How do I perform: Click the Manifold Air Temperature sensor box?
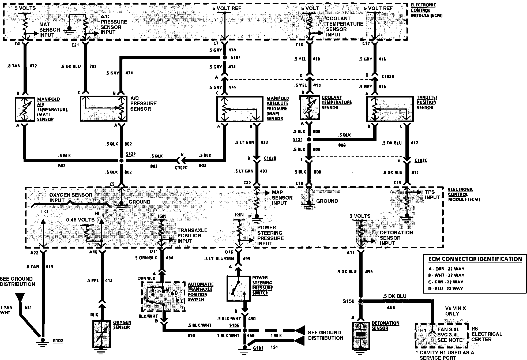click(x=25, y=109)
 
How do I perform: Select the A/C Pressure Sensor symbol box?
click(x=103, y=109)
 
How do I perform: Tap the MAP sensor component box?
click(x=239, y=109)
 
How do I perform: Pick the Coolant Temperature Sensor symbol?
click(x=310, y=108)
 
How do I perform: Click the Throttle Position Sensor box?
click(x=390, y=109)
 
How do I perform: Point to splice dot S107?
click(x=225, y=58)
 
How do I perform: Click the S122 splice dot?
click(x=121, y=161)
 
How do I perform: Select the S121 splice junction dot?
click(x=309, y=140)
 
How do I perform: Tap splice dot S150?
click(x=361, y=301)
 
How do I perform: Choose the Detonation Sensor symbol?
click(x=361, y=335)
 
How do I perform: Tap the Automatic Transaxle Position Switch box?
click(x=163, y=297)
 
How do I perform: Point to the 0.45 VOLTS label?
click(x=80, y=220)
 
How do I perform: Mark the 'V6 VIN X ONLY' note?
click(x=456, y=311)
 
